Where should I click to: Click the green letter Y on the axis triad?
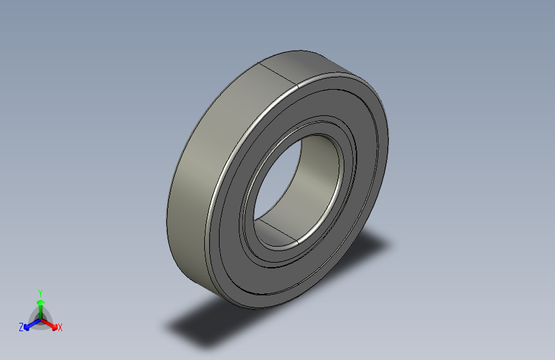tap(40, 291)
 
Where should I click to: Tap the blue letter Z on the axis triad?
tap(21, 327)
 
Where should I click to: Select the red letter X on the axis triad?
tap(60, 328)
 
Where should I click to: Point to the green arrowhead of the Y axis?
tap(40, 302)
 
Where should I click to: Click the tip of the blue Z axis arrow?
tap(28, 326)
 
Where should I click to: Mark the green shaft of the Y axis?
tap(40, 310)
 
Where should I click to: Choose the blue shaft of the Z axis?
tap(33, 322)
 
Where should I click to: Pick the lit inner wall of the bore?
tap(317, 173)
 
